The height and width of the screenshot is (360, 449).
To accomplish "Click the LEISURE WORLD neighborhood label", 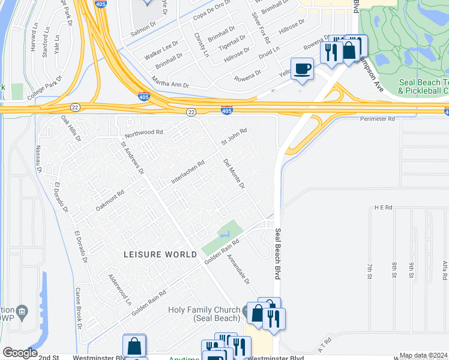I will coord(160,254).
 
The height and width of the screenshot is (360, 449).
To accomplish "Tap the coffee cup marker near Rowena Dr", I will coord(302,69).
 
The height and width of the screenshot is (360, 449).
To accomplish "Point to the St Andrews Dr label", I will coord(132,158).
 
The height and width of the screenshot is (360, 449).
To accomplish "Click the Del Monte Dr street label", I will coord(234,173).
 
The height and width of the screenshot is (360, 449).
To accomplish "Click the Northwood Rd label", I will coord(143,131).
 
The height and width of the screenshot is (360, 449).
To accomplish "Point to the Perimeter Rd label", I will coord(378,119).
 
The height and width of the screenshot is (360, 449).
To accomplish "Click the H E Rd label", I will coord(382,207).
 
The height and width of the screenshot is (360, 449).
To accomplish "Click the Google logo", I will coord(19,353).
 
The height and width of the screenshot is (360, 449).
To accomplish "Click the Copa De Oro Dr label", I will coord(211,14).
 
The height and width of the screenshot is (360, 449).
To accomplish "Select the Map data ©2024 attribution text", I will coord(424,356).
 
